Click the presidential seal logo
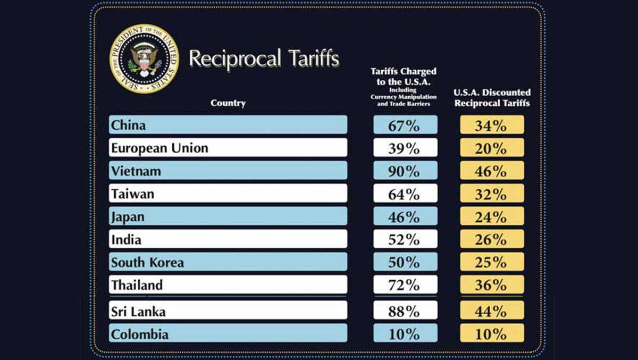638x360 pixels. (144, 58)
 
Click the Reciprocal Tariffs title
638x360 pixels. (264, 58)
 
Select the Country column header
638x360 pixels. (228, 103)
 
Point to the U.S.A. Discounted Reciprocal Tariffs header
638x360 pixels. (492, 98)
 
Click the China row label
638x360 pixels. (228, 125)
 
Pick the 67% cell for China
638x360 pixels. (405, 125)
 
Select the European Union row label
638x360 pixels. (228, 148)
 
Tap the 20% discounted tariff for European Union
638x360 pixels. (492, 148)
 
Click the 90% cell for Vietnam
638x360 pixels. (405, 171)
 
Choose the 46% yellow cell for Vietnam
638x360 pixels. (492, 171)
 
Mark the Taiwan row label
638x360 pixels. (228, 194)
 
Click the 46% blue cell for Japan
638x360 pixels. (405, 216)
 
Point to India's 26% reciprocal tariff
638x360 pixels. (492, 239)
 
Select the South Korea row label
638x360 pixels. (228, 262)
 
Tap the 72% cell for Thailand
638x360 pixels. (405, 285)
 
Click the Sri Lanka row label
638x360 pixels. (228, 311)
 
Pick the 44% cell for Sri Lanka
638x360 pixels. (492, 311)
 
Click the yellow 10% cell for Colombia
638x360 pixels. (492, 333)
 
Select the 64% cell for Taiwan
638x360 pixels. (405, 194)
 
